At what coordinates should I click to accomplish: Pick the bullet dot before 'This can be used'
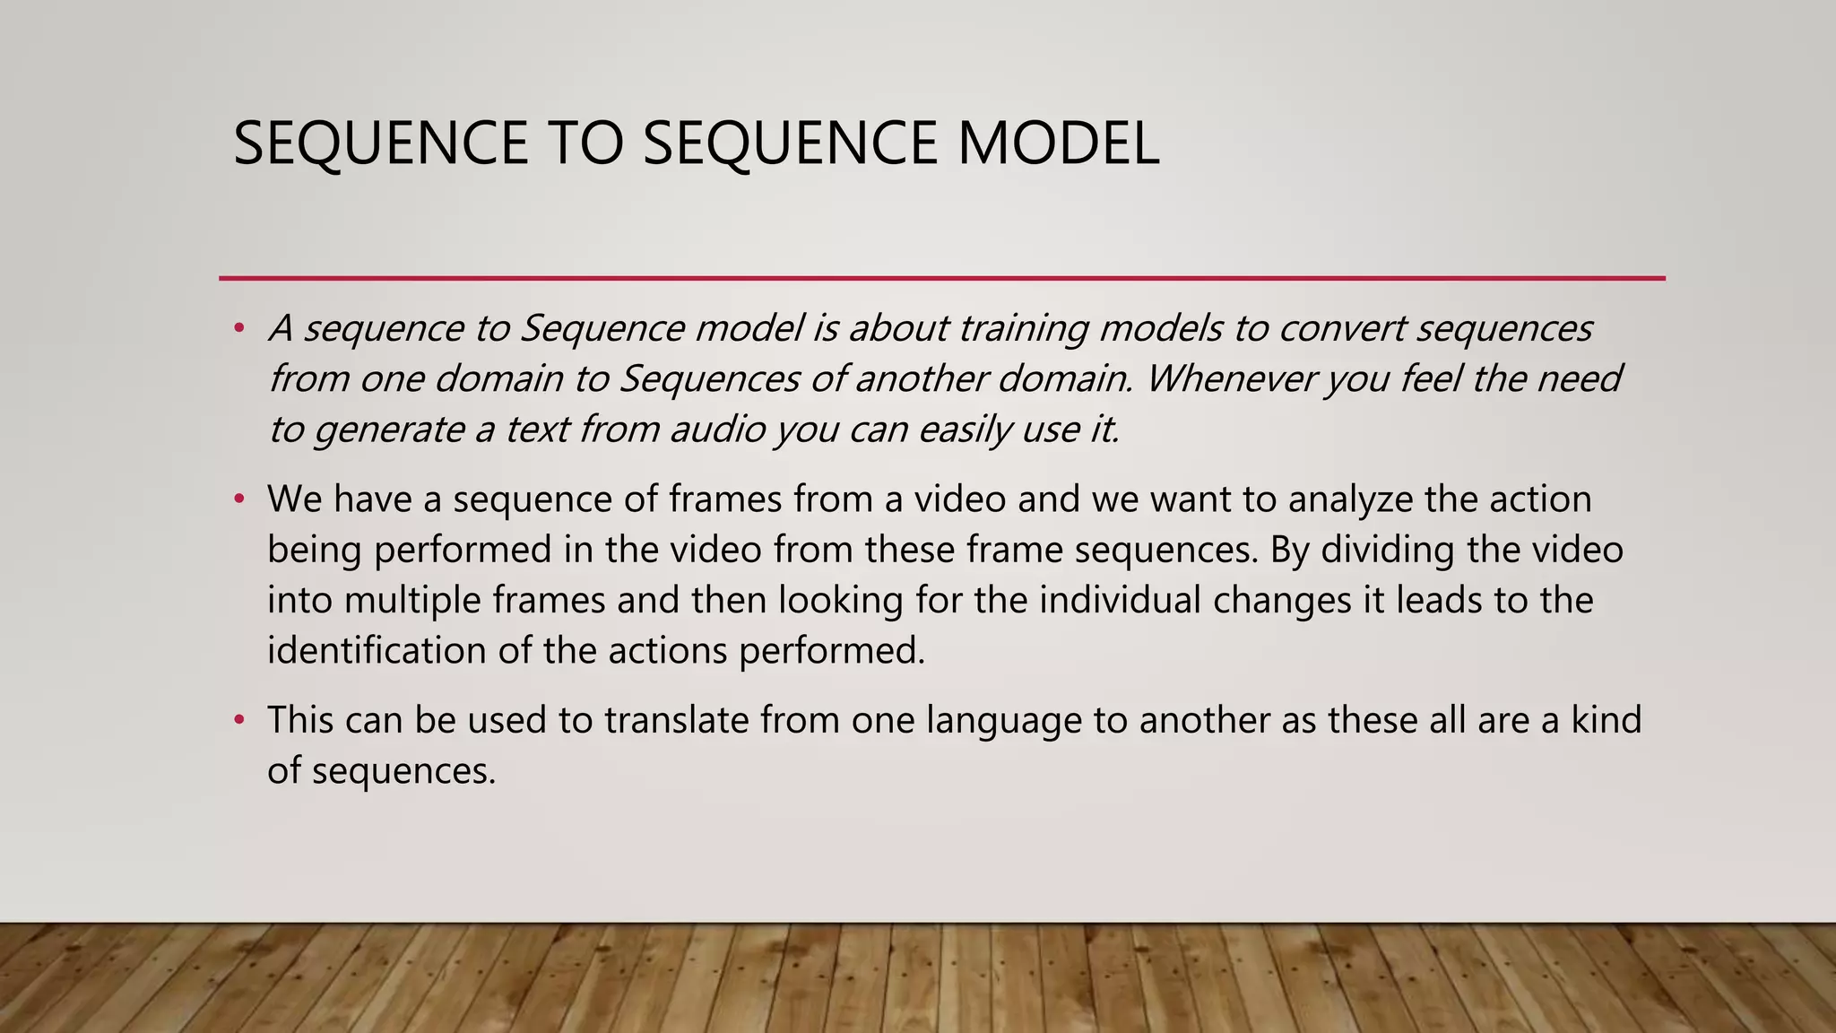click(238, 720)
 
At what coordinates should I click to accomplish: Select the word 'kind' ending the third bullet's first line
click(1606, 720)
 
